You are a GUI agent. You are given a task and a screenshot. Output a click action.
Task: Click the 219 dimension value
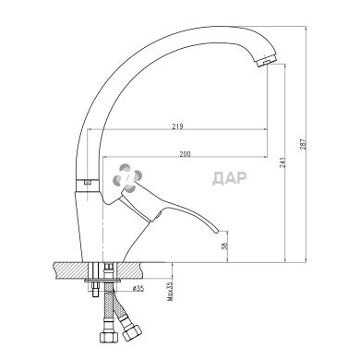(177, 126)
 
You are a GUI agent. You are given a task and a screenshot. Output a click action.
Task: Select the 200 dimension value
(185, 154)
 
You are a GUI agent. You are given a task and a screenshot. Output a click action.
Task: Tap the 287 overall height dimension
(304, 145)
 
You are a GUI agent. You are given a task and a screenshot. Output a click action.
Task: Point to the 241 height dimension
(282, 162)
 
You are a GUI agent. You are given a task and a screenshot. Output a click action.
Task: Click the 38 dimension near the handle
(225, 246)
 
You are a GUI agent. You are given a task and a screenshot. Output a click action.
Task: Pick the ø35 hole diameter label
(138, 289)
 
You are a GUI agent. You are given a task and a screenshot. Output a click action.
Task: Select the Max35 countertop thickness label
(170, 292)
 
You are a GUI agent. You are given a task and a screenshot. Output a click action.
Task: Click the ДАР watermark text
(230, 178)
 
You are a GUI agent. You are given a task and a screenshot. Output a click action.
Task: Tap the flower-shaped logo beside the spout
(127, 178)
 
